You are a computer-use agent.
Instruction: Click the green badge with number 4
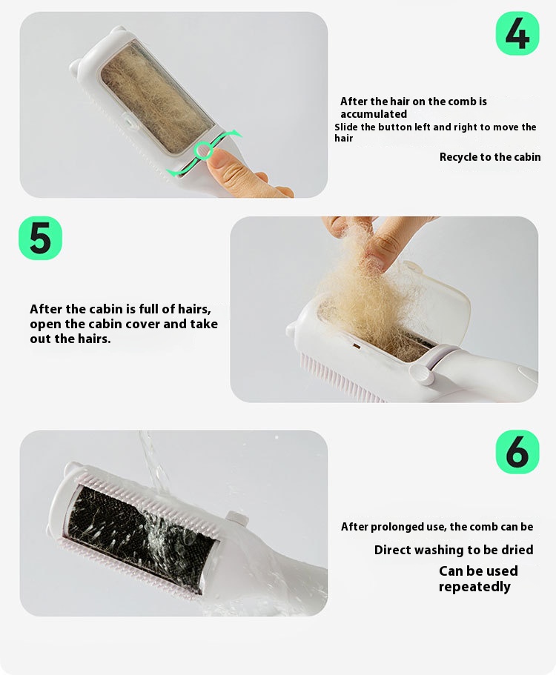(x=517, y=33)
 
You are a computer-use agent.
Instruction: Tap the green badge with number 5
(x=41, y=238)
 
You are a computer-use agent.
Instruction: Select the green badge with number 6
(x=517, y=452)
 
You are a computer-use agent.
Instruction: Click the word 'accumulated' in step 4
(x=374, y=114)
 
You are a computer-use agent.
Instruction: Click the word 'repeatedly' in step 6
(x=474, y=587)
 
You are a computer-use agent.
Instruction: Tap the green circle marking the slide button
(x=202, y=151)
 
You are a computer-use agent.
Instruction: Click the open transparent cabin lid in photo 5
(x=435, y=297)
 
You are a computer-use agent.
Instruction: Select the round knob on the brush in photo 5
(x=422, y=373)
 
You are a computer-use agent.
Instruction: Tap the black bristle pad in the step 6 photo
(x=140, y=537)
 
